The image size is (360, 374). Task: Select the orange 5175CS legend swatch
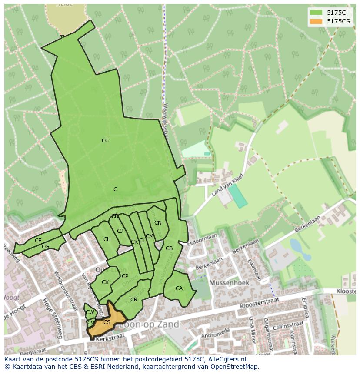[316, 21]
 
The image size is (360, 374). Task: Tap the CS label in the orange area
[107, 322]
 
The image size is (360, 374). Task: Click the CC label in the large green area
[105, 140]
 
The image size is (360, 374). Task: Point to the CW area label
[90, 312]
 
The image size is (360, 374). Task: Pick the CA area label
[179, 288]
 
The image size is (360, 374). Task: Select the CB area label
[169, 248]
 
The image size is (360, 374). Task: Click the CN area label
[158, 223]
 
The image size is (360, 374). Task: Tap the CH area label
[107, 239]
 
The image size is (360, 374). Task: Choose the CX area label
[105, 282]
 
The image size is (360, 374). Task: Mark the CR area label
[134, 300]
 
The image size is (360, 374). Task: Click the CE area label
[38, 241]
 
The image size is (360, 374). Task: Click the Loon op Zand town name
[149, 324]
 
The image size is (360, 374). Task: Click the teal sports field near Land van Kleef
[238, 196]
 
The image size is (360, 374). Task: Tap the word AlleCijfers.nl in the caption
[226, 359]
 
